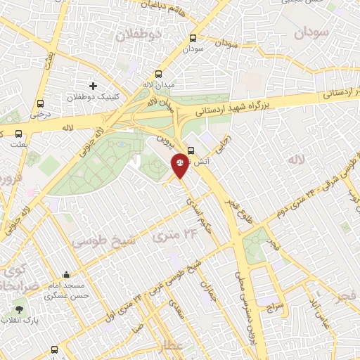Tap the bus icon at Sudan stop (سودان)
point(193,39)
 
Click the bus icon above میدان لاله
point(159,74)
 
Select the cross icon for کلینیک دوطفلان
point(93,85)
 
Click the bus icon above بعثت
point(18,133)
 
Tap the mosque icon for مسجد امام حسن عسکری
point(66,275)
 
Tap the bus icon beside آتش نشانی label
point(192,149)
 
